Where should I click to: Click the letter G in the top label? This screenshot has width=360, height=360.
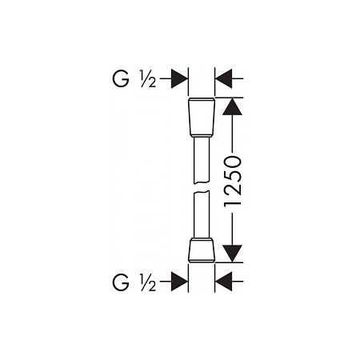[x=121, y=79]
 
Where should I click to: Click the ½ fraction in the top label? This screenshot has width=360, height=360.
[x=148, y=79]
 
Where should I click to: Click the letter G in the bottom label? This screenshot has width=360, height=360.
[x=121, y=282]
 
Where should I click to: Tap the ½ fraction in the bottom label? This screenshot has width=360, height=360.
[x=148, y=282]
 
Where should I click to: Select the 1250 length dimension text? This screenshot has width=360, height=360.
[x=233, y=181]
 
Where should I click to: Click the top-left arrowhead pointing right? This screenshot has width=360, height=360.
[x=179, y=78]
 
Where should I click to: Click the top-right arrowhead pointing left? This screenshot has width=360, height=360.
[x=223, y=78]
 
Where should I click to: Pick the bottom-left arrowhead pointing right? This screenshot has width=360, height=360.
[x=179, y=281]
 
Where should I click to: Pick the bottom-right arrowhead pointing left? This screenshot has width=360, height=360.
[x=223, y=281]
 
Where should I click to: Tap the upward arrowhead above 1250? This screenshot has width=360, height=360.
[x=232, y=106]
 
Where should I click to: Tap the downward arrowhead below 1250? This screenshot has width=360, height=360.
[x=232, y=254]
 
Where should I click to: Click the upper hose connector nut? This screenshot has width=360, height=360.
[x=202, y=118]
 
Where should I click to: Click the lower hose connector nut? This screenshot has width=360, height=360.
[x=202, y=250]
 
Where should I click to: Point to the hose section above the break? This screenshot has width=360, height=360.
[x=202, y=160]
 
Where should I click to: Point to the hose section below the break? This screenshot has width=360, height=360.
[x=202, y=214]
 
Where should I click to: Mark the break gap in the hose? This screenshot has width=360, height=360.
[x=202, y=187]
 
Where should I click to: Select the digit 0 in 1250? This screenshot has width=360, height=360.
[x=233, y=162]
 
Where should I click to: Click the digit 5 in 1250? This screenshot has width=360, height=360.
[x=233, y=176]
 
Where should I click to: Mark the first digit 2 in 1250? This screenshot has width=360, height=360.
[x=233, y=189]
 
